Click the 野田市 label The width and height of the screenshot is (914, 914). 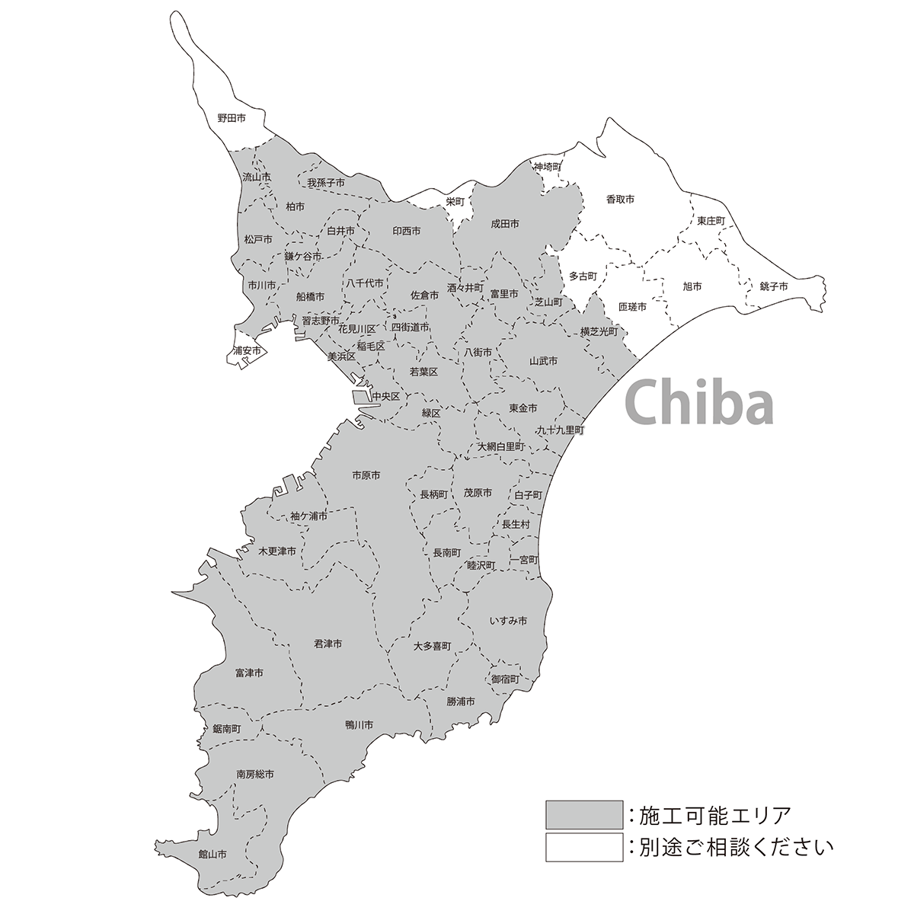[231, 118]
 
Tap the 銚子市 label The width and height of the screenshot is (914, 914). [773, 286]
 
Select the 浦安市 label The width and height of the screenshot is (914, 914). [248, 351]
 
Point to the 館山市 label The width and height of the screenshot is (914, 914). [213, 854]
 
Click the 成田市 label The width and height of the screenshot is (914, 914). [504, 224]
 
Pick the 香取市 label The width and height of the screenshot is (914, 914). [620, 199]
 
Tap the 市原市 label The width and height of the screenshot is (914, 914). [366, 475]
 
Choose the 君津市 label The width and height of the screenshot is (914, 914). [328, 644]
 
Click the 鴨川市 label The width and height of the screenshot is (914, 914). [359, 724]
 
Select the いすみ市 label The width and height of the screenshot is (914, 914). [508, 621]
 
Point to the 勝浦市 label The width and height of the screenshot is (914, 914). [461, 701]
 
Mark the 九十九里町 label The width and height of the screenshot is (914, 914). [560, 430]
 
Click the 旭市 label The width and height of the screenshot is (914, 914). [692, 286]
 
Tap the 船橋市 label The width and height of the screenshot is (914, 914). [310, 296]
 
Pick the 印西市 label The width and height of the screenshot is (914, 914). [406, 230]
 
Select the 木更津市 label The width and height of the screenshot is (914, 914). [277, 551]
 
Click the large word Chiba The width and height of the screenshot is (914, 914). [698, 404]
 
